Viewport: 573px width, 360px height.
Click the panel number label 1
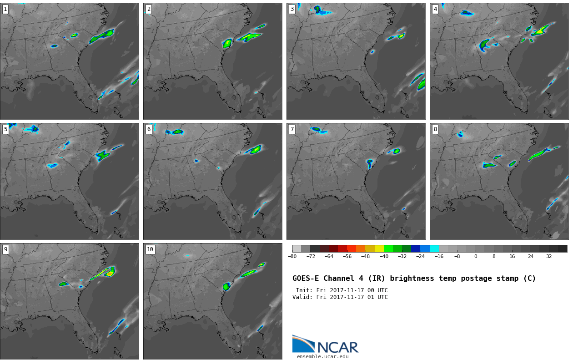point(5,9)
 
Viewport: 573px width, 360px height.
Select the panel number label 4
point(435,9)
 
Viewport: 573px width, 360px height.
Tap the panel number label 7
point(292,129)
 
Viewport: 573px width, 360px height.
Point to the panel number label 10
point(150,249)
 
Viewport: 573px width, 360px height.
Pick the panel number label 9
point(5,249)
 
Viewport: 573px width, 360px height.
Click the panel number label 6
point(149,129)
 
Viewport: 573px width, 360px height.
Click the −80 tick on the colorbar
point(292,256)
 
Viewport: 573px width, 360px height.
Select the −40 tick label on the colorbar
point(384,256)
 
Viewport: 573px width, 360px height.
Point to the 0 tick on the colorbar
point(476,256)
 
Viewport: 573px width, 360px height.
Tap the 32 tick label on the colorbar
point(549,256)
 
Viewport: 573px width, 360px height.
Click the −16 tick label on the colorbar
point(439,256)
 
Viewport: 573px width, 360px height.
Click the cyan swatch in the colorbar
point(434,248)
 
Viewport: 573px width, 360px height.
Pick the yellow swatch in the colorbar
point(379,248)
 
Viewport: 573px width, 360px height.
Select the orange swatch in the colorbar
point(361,248)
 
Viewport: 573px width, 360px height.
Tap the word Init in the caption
point(303,290)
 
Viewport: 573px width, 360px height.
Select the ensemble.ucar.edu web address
point(322,357)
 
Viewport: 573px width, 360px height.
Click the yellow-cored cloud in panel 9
point(109,273)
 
